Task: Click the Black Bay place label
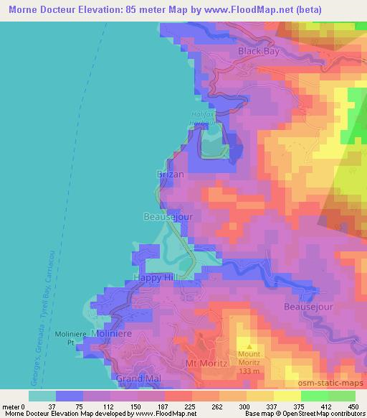click(x=259, y=52)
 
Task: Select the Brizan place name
click(x=171, y=175)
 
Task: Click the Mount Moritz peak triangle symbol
click(x=249, y=347)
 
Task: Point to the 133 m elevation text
click(x=249, y=371)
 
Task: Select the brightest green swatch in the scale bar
click(x=315, y=395)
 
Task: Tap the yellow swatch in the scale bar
click(x=260, y=395)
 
